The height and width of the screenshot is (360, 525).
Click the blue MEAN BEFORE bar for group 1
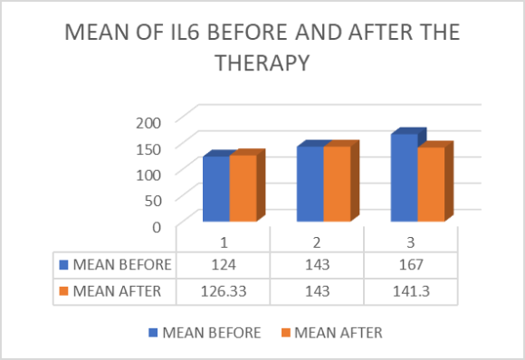215,189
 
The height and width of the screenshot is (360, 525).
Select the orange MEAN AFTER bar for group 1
243,189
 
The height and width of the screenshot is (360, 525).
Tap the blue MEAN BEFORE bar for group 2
310,184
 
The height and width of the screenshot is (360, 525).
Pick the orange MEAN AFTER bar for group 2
337,184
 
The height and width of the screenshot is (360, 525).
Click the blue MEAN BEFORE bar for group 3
404,178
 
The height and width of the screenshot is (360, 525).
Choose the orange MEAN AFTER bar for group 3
431,185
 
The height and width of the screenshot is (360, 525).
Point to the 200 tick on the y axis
148,121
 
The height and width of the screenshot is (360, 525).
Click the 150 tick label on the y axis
148,147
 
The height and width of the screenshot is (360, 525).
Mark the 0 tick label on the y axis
156,226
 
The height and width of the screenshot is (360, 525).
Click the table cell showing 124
224,265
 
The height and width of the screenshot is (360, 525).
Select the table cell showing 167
410,265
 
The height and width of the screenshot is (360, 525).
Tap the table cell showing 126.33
224,289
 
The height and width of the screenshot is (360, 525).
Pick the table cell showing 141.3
410,289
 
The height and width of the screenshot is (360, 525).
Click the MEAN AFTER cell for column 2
317,289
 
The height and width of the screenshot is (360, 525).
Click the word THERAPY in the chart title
262,66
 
